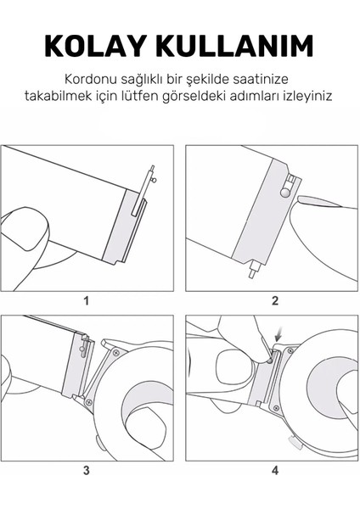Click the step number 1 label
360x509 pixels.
87,300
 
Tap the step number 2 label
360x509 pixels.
274,300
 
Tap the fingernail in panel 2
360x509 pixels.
327,199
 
